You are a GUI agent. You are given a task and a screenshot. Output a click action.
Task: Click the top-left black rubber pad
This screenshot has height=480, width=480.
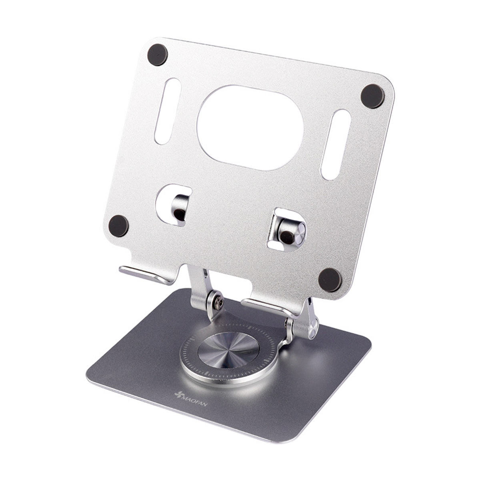[158, 55]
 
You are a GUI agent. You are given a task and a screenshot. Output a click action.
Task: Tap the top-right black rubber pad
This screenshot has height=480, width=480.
[372, 96]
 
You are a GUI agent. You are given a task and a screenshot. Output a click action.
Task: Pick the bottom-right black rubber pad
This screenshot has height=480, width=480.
[330, 280]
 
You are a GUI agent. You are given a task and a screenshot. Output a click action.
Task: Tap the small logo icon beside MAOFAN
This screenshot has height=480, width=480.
[178, 394]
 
